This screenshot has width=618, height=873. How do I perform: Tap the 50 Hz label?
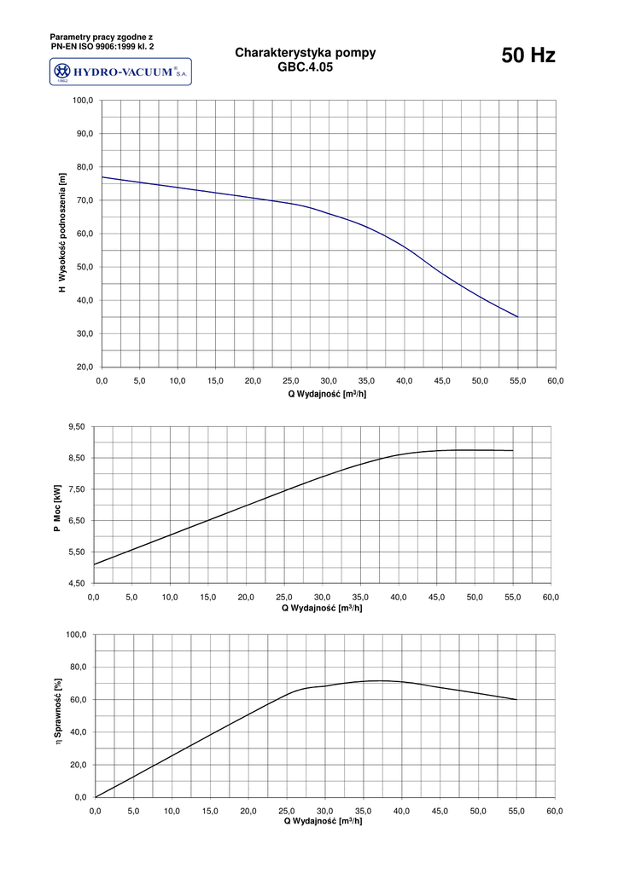(528, 56)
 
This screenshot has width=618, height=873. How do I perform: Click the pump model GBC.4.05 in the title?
(305, 66)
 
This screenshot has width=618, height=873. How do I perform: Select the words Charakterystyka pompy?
(305, 53)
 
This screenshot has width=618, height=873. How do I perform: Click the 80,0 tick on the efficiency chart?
(78, 668)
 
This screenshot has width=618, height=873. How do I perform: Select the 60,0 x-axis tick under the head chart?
(556, 380)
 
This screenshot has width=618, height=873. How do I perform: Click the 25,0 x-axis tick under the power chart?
(284, 597)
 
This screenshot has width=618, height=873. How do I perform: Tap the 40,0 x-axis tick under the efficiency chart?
(401, 811)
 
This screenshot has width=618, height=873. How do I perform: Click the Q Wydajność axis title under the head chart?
(328, 394)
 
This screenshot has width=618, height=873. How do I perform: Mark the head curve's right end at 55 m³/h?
(517, 317)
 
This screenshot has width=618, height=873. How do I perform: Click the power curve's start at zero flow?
(94, 564)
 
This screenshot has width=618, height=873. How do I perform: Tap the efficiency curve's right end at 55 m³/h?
(516, 699)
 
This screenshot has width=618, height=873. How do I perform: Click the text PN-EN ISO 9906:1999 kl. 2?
(102, 47)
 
